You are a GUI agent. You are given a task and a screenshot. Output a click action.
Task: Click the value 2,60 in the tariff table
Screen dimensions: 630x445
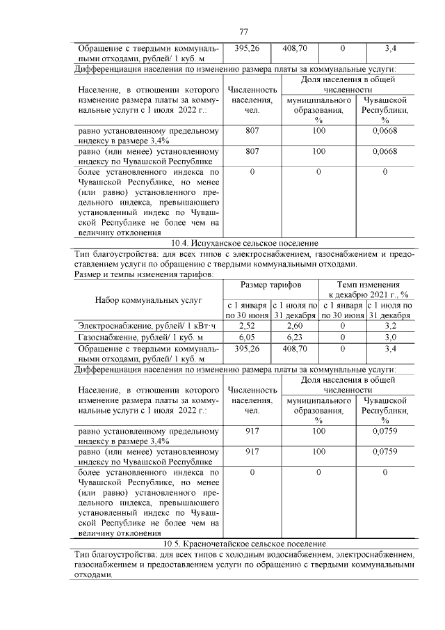tap(294, 325)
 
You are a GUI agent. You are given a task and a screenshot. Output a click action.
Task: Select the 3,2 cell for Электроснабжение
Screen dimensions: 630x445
tap(390, 325)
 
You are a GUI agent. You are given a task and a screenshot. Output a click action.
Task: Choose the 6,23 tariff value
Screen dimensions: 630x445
tap(294, 336)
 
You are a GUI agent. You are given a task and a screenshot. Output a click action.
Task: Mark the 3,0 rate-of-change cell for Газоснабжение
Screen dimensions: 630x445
tap(390, 336)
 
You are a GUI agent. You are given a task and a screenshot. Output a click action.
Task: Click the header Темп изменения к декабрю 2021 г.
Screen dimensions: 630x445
tap(366, 290)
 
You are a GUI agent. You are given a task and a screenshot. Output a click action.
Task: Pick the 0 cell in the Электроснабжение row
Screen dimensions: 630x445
tap(342, 325)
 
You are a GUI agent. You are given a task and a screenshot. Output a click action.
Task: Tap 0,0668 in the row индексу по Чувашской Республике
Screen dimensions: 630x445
tap(385, 150)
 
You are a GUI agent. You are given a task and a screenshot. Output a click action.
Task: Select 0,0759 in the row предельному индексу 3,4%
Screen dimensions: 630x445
tap(385, 432)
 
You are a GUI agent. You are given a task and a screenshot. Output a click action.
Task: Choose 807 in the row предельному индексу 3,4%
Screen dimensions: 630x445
tap(252, 130)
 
